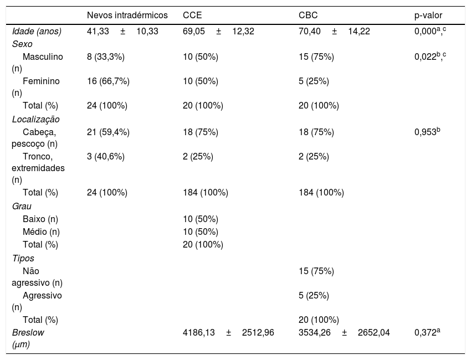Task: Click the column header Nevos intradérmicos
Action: (x=127, y=15)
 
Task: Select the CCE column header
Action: (x=192, y=15)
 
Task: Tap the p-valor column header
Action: (x=428, y=16)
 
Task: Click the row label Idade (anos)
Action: (x=37, y=31)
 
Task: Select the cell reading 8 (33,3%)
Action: (x=106, y=56)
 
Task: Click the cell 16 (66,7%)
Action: (x=108, y=81)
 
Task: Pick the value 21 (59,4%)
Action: (x=108, y=132)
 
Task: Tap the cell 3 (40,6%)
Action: (x=106, y=156)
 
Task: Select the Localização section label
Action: (x=36, y=119)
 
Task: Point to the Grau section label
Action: (x=22, y=206)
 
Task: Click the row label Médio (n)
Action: (x=41, y=232)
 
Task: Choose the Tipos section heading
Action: (x=23, y=258)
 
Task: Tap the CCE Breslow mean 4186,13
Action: (x=199, y=333)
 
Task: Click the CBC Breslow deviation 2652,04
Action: (x=373, y=333)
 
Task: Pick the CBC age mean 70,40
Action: (x=309, y=31)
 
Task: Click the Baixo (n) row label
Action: (x=40, y=219)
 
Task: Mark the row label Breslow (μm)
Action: (x=28, y=338)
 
